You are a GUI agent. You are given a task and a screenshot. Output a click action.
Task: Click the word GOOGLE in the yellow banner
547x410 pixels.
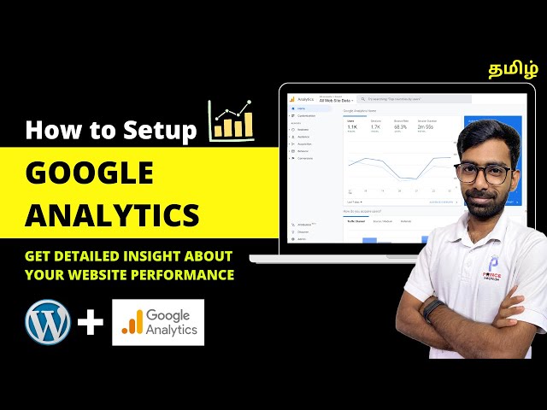[90, 173]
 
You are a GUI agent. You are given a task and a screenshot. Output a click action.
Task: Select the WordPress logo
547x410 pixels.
[48, 323]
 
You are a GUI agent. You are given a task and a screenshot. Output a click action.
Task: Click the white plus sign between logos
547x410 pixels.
[91, 323]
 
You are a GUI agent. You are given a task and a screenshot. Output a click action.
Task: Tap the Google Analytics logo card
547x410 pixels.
[158, 322]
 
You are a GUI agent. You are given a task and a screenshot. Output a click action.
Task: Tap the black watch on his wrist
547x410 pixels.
[433, 309]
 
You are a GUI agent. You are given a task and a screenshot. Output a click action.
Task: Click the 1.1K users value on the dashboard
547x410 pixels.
[351, 127]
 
